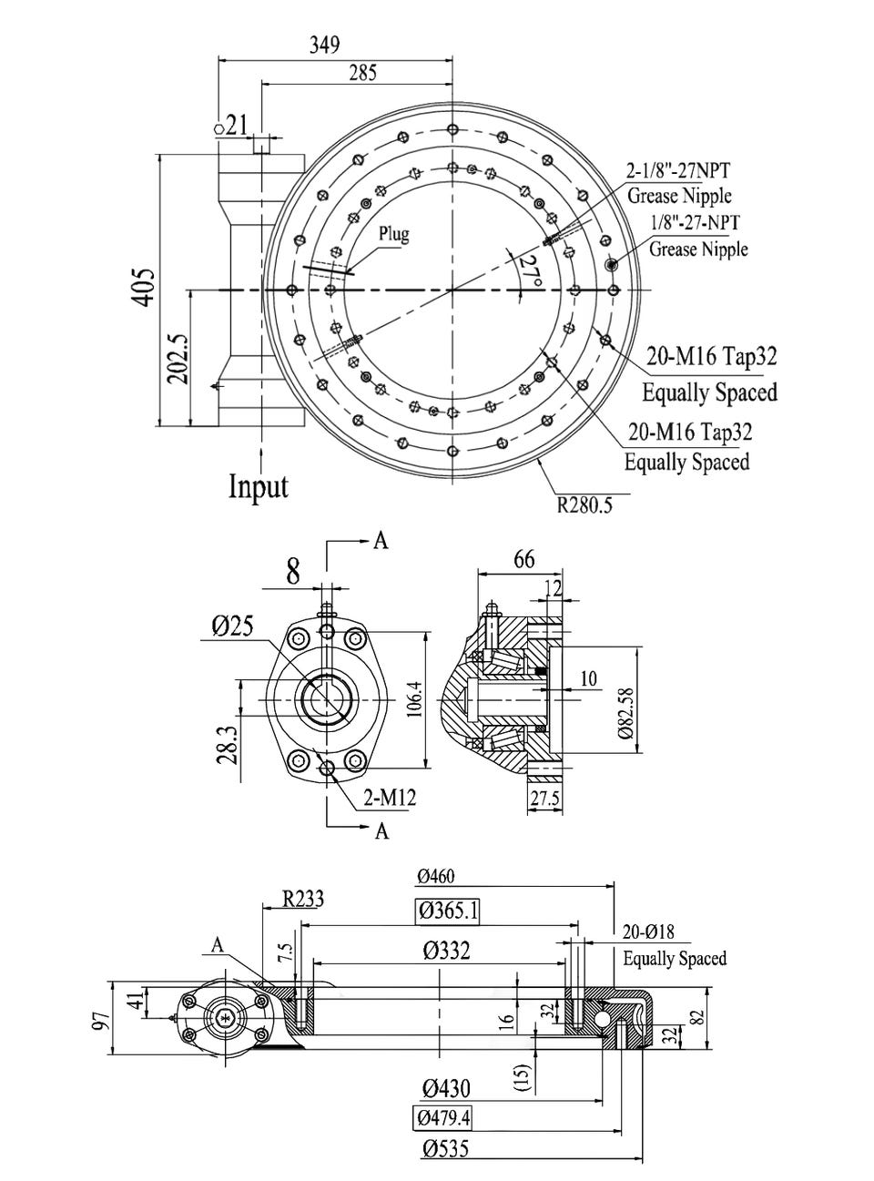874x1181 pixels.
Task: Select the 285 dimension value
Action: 362,74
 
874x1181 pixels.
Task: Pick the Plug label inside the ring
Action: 394,234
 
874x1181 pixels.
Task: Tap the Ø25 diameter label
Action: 232,626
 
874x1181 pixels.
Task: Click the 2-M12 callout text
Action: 390,799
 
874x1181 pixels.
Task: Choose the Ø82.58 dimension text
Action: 624,700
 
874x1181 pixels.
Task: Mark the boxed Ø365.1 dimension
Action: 448,910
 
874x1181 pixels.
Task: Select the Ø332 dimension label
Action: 447,951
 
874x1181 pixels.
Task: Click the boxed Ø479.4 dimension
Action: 444,1117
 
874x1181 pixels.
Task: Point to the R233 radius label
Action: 302,899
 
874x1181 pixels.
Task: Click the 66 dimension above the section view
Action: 524,559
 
